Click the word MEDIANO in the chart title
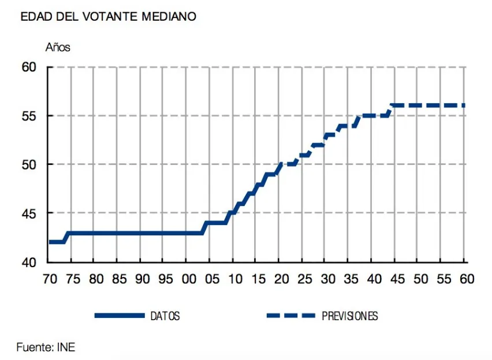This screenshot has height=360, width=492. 169,17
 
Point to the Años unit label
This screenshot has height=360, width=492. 58,47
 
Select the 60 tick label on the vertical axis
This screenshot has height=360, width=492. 29,67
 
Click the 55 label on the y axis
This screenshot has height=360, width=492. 29,116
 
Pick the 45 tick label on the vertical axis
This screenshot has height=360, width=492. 29,213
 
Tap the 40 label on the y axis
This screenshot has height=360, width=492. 29,262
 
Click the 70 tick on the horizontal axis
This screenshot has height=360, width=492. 50,279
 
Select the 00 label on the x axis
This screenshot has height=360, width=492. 189,279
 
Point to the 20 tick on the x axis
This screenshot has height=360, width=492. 281,279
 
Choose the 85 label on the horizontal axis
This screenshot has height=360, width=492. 119,279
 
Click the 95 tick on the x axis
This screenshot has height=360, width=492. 166,279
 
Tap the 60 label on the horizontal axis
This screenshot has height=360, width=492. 467,279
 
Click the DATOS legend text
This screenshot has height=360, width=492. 165,316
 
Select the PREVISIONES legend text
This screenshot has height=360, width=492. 350,316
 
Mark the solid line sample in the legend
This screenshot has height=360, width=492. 120,316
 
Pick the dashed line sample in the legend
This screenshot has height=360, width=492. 291,316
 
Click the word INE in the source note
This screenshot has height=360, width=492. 66,347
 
